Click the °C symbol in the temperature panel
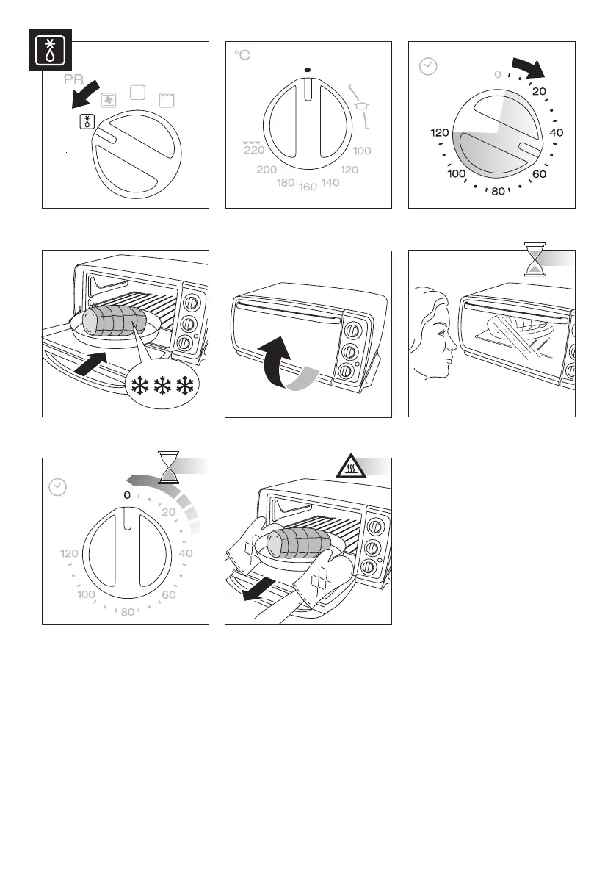242,56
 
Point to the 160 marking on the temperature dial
308,187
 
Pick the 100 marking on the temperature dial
362,151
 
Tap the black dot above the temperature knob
308,70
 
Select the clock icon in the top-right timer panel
427,66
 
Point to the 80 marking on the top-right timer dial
498,192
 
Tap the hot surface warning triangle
351,467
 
